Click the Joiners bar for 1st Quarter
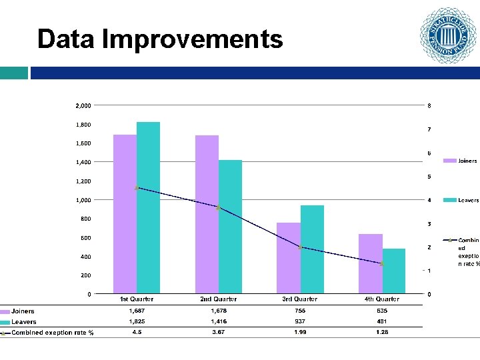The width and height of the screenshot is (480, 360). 125,213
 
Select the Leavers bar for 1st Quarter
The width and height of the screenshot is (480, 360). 148,207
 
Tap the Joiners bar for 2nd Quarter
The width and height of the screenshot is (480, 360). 207,214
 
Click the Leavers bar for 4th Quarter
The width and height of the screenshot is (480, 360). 393,271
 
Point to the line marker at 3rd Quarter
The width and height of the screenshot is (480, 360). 301,247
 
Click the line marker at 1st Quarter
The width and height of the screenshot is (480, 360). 137,188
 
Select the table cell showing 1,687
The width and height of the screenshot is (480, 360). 137,311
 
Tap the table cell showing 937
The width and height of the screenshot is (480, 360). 300,321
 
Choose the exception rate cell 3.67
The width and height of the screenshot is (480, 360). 219,332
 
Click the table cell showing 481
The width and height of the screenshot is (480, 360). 382,321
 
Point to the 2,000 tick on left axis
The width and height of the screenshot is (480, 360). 83,105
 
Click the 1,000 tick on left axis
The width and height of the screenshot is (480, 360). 83,200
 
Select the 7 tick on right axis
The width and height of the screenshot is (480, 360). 429,129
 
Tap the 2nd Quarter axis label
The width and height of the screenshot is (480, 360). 219,299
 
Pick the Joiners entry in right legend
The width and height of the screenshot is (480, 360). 467,161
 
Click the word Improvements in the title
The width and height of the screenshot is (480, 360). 193,39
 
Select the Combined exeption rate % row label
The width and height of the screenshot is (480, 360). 52,333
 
